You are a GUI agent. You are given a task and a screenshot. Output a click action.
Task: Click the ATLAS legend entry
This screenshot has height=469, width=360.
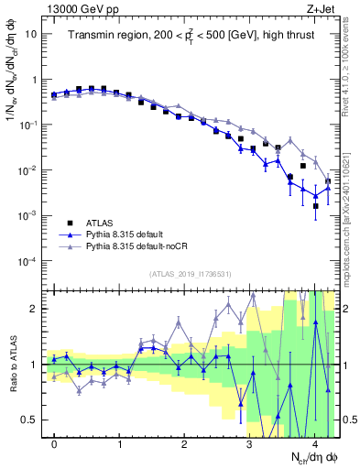coord(98,223)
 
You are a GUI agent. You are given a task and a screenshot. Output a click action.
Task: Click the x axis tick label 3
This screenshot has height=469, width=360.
coord(249,443)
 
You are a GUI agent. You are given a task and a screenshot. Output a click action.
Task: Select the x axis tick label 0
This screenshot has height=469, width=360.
coord(54,443)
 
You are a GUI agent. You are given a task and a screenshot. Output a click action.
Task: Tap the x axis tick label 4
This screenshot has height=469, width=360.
coord(314,443)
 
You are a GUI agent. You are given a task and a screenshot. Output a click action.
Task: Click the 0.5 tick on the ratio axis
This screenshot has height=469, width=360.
coord(29,420)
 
